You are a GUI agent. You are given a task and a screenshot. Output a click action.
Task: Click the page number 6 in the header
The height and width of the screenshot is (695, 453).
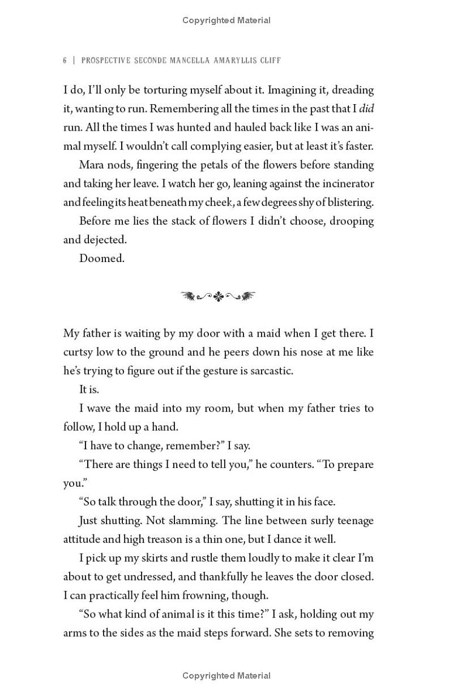(65, 60)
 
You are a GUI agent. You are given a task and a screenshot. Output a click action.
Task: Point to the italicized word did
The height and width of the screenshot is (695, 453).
(366, 108)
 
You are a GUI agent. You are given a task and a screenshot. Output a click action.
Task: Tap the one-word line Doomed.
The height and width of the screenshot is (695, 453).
(101, 258)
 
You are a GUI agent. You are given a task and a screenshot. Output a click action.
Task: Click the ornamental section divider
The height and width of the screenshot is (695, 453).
(218, 295)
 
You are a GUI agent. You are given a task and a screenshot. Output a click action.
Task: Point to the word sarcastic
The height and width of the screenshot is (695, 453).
(270, 370)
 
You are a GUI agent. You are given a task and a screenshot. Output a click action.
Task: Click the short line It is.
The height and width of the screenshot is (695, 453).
(91, 389)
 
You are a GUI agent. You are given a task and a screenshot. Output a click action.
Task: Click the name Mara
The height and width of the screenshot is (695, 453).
(93, 165)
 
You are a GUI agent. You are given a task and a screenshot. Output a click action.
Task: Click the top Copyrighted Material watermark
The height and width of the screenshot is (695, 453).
(226, 20)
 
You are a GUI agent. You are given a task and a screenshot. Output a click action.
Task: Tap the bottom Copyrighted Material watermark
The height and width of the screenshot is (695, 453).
(226, 675)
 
